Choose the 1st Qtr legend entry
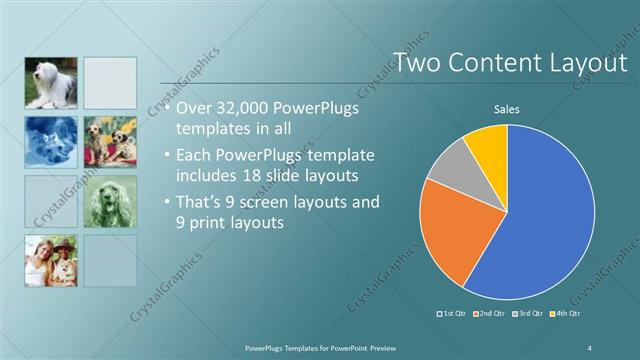point(453,314)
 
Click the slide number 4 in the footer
point(590,346)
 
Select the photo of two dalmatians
point(110,143)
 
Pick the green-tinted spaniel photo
point(110,202)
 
